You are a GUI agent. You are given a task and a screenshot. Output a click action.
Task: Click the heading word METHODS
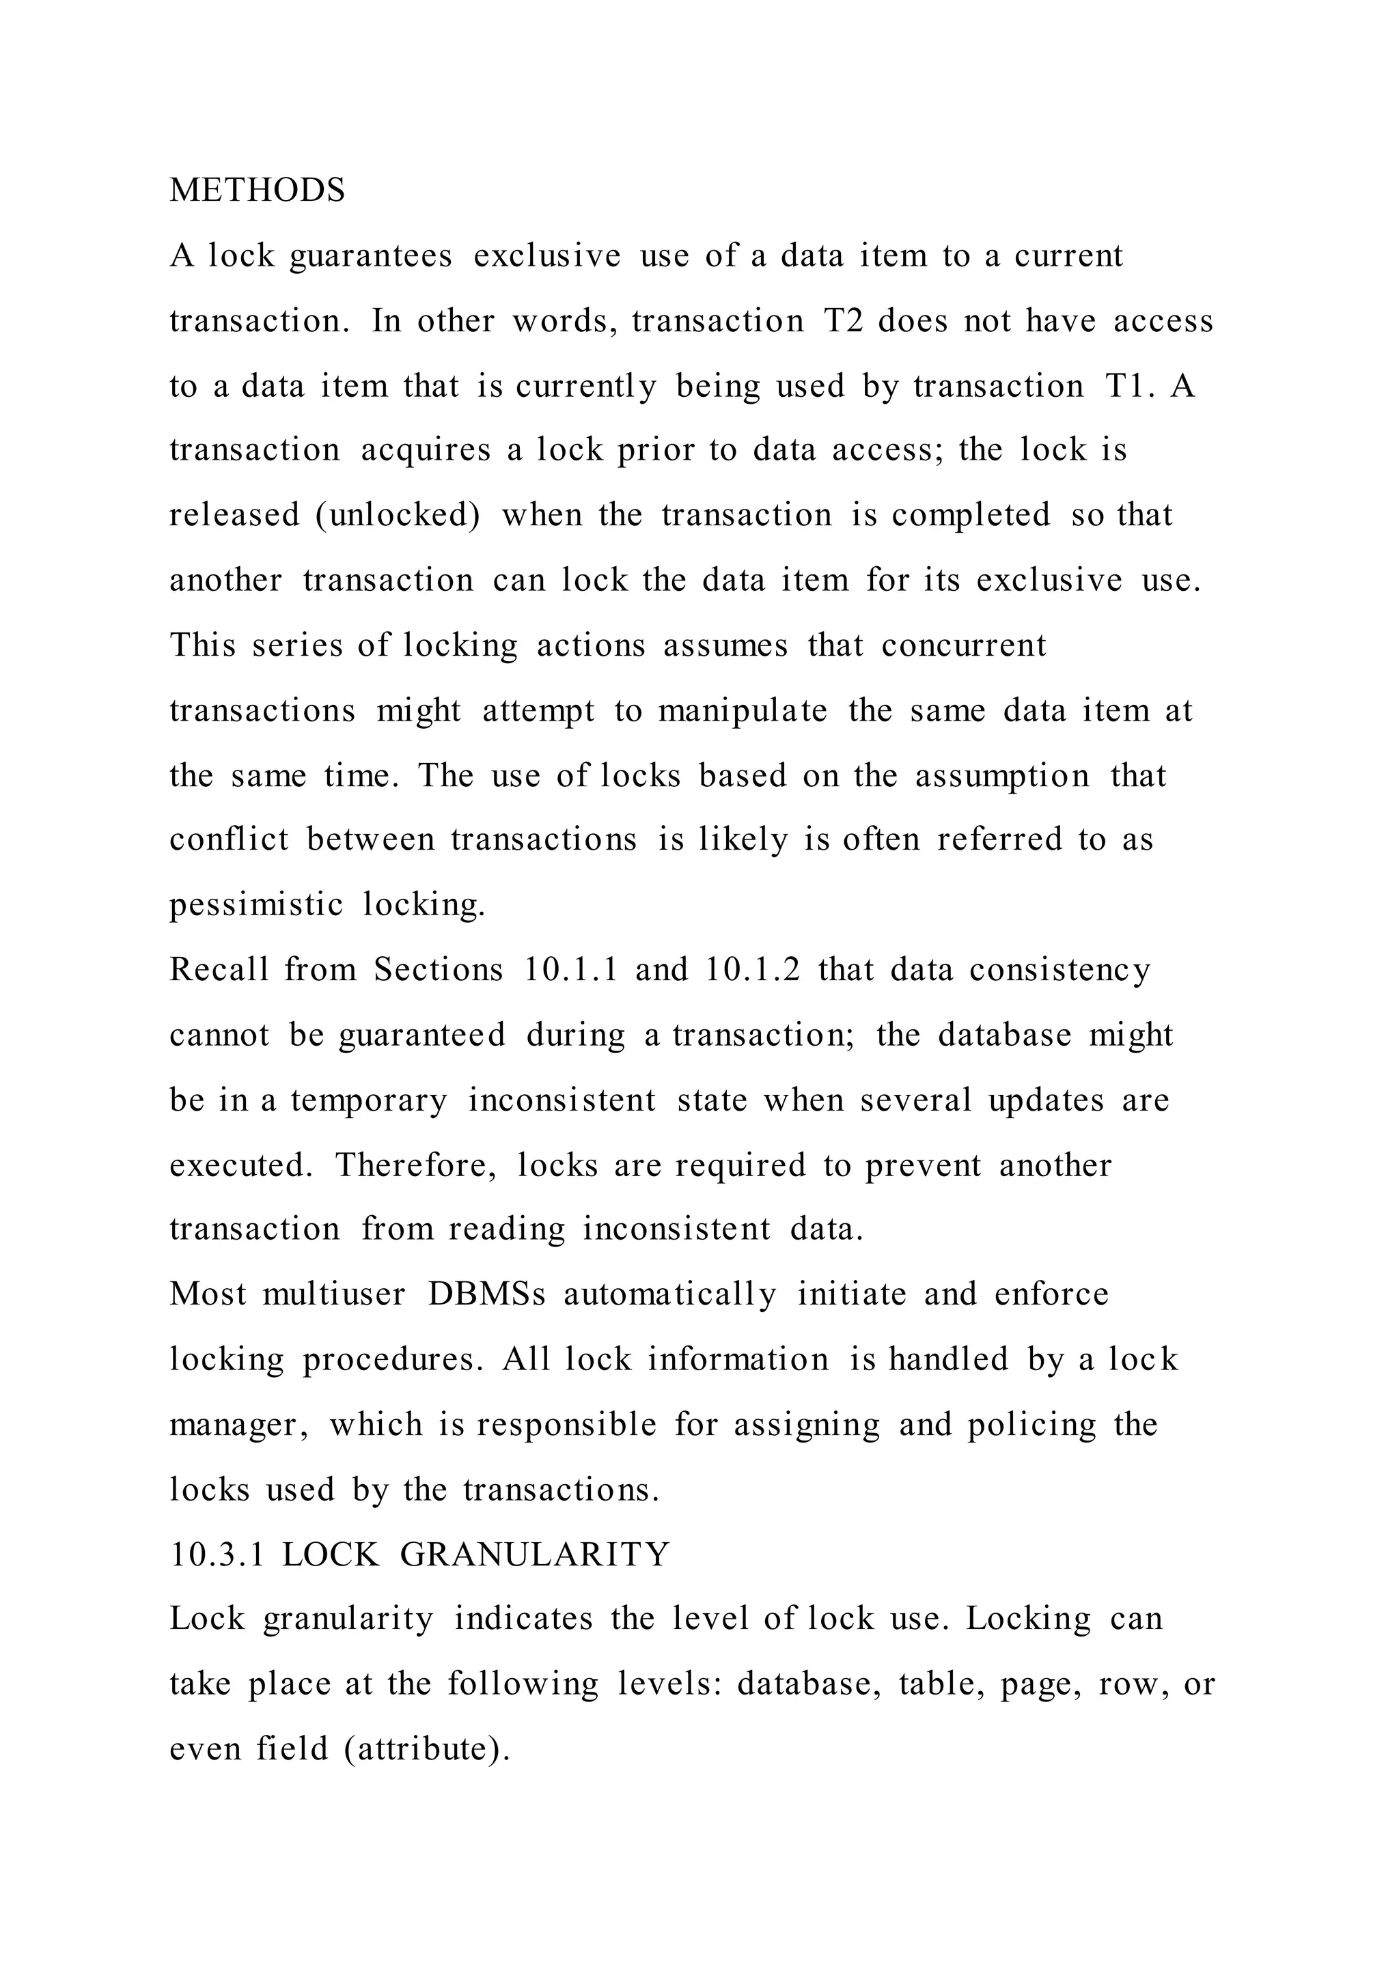[x=257, y=191]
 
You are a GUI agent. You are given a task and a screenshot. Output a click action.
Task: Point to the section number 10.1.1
[x=571, y=969]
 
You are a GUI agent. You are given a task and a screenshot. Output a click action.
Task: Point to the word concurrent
[x=963, y=645]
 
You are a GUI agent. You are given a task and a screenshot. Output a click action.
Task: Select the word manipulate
[x=743, y=711]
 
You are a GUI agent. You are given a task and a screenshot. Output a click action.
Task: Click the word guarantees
[x=370, y=256]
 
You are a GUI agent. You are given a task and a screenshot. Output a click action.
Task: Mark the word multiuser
[x=333, y=1294]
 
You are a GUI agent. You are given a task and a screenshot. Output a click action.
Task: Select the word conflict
[x=228, y=839]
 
